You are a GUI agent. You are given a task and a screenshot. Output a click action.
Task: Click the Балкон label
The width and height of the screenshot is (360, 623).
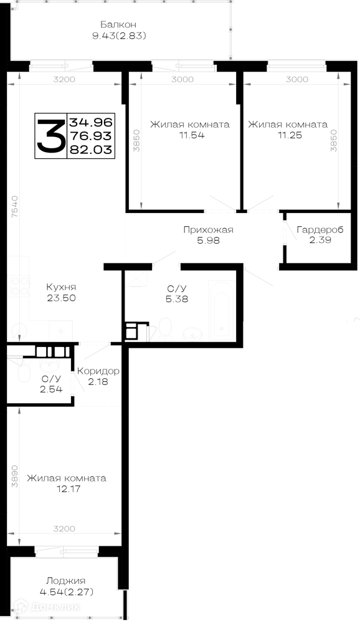tap(118, 25)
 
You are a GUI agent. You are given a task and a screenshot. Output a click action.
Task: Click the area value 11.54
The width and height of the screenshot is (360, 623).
tap(192, 135)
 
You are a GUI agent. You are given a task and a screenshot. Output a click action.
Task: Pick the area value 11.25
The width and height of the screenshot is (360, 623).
tap(290, 135)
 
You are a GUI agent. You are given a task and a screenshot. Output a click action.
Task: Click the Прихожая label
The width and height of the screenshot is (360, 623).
tap(208, 230)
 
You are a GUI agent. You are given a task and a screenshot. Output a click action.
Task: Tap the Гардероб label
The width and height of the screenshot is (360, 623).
tap(320, 230)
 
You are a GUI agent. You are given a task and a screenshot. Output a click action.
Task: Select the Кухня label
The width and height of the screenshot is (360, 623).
tap(61, 287)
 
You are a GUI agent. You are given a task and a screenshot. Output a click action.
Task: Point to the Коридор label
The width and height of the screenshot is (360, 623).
tap(98, 371)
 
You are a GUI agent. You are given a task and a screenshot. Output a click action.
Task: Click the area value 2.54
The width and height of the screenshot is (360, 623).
tap(51, 389)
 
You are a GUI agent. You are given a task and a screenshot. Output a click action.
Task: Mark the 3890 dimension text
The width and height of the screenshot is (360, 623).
tap(15, 477)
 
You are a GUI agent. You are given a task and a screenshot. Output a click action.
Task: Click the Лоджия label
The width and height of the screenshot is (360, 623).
tap(65, 581)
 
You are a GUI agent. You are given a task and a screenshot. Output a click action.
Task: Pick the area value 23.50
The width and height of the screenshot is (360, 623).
tap(61, 298)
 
